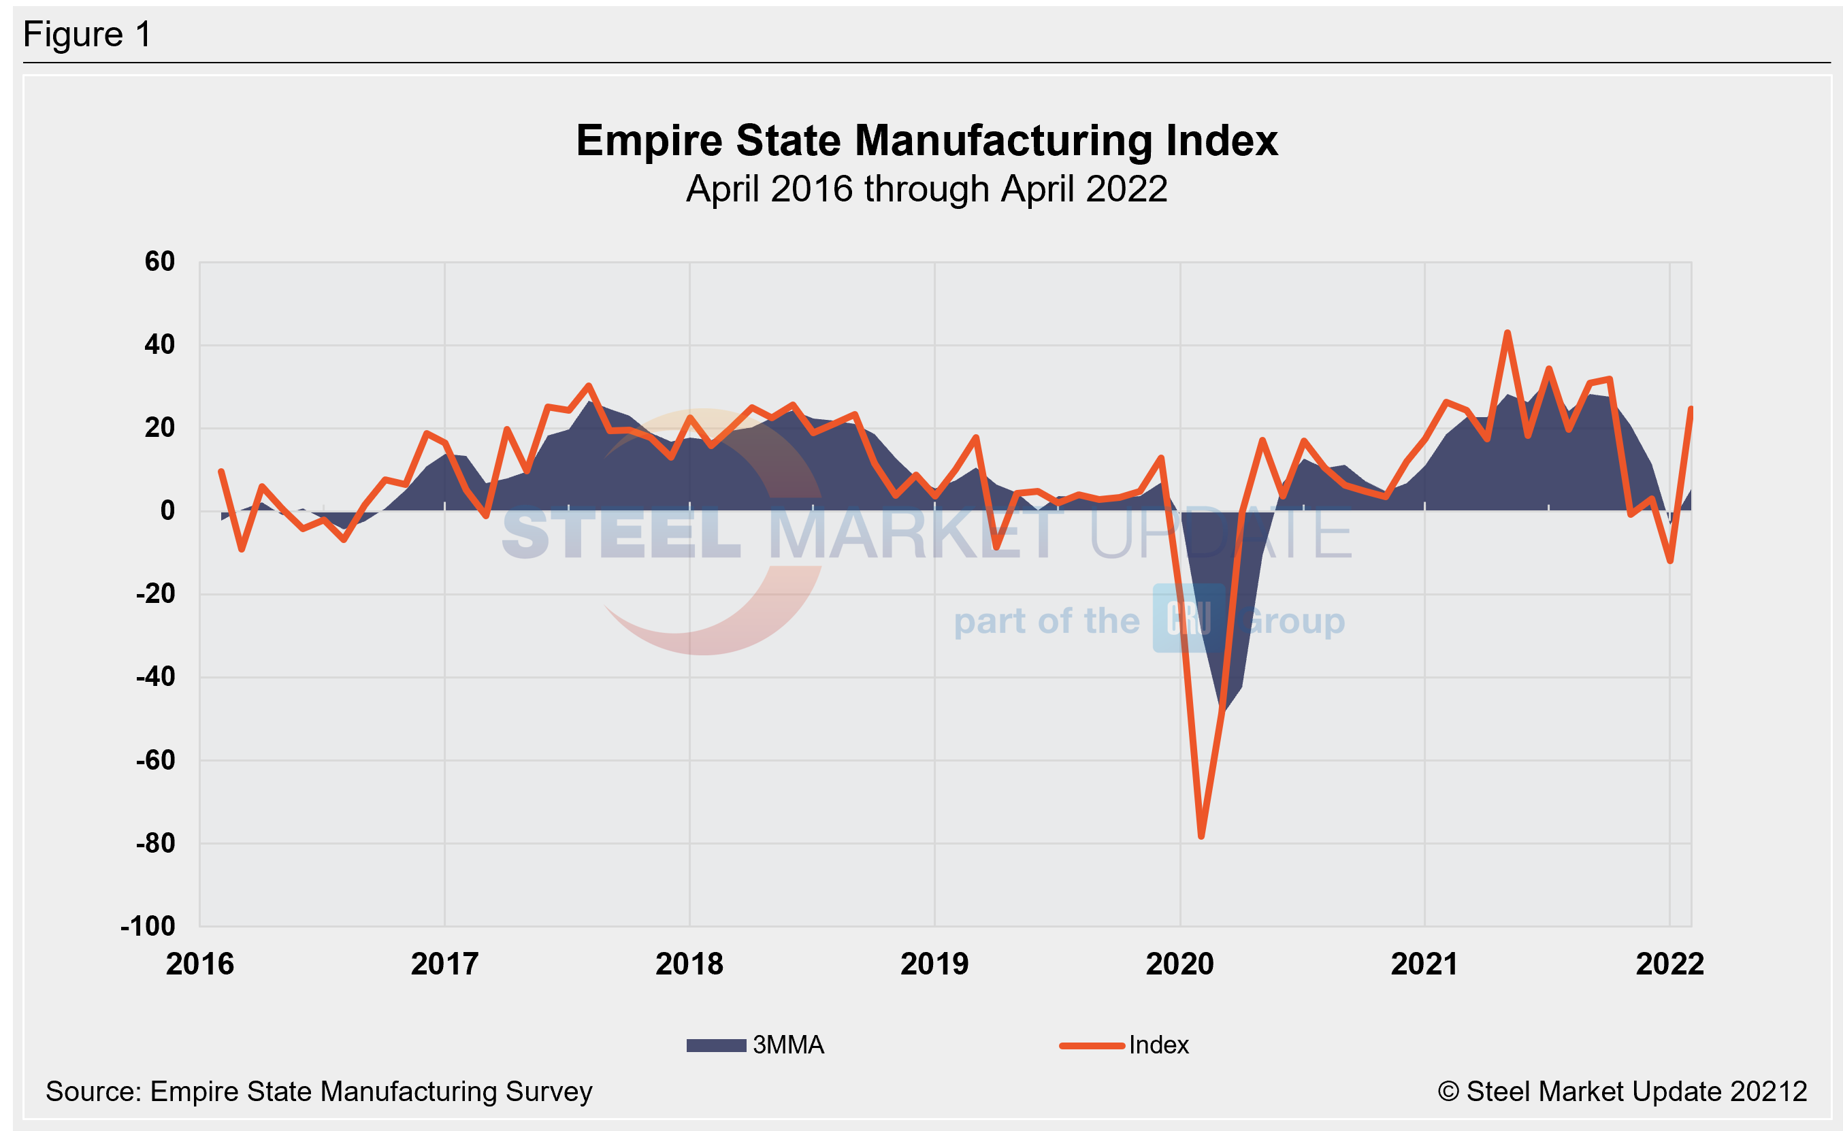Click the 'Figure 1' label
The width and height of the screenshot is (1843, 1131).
88,35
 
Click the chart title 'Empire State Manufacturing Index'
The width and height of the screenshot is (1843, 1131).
926,141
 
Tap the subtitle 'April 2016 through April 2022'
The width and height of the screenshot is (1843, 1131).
926,188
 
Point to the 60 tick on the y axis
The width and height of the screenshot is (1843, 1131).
159,262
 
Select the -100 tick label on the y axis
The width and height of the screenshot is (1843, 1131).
148,926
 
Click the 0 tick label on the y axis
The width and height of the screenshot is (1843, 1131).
167,511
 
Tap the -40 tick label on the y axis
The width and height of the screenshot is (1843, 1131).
156,677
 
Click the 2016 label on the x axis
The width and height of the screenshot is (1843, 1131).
199,964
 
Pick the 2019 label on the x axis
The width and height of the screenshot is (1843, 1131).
934,964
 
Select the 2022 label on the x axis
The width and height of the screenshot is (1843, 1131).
1669,964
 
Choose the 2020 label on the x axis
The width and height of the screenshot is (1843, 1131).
1179,964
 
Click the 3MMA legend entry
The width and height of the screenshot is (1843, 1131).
755,1045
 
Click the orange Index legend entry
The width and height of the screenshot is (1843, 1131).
1124,1045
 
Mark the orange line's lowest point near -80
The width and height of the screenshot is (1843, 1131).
1201,836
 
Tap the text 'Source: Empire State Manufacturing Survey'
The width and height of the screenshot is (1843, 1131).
319,1092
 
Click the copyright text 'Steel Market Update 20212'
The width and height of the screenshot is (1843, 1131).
1622,1092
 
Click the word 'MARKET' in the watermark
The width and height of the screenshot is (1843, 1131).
914,534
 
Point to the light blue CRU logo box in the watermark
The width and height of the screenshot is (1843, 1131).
1188,618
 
